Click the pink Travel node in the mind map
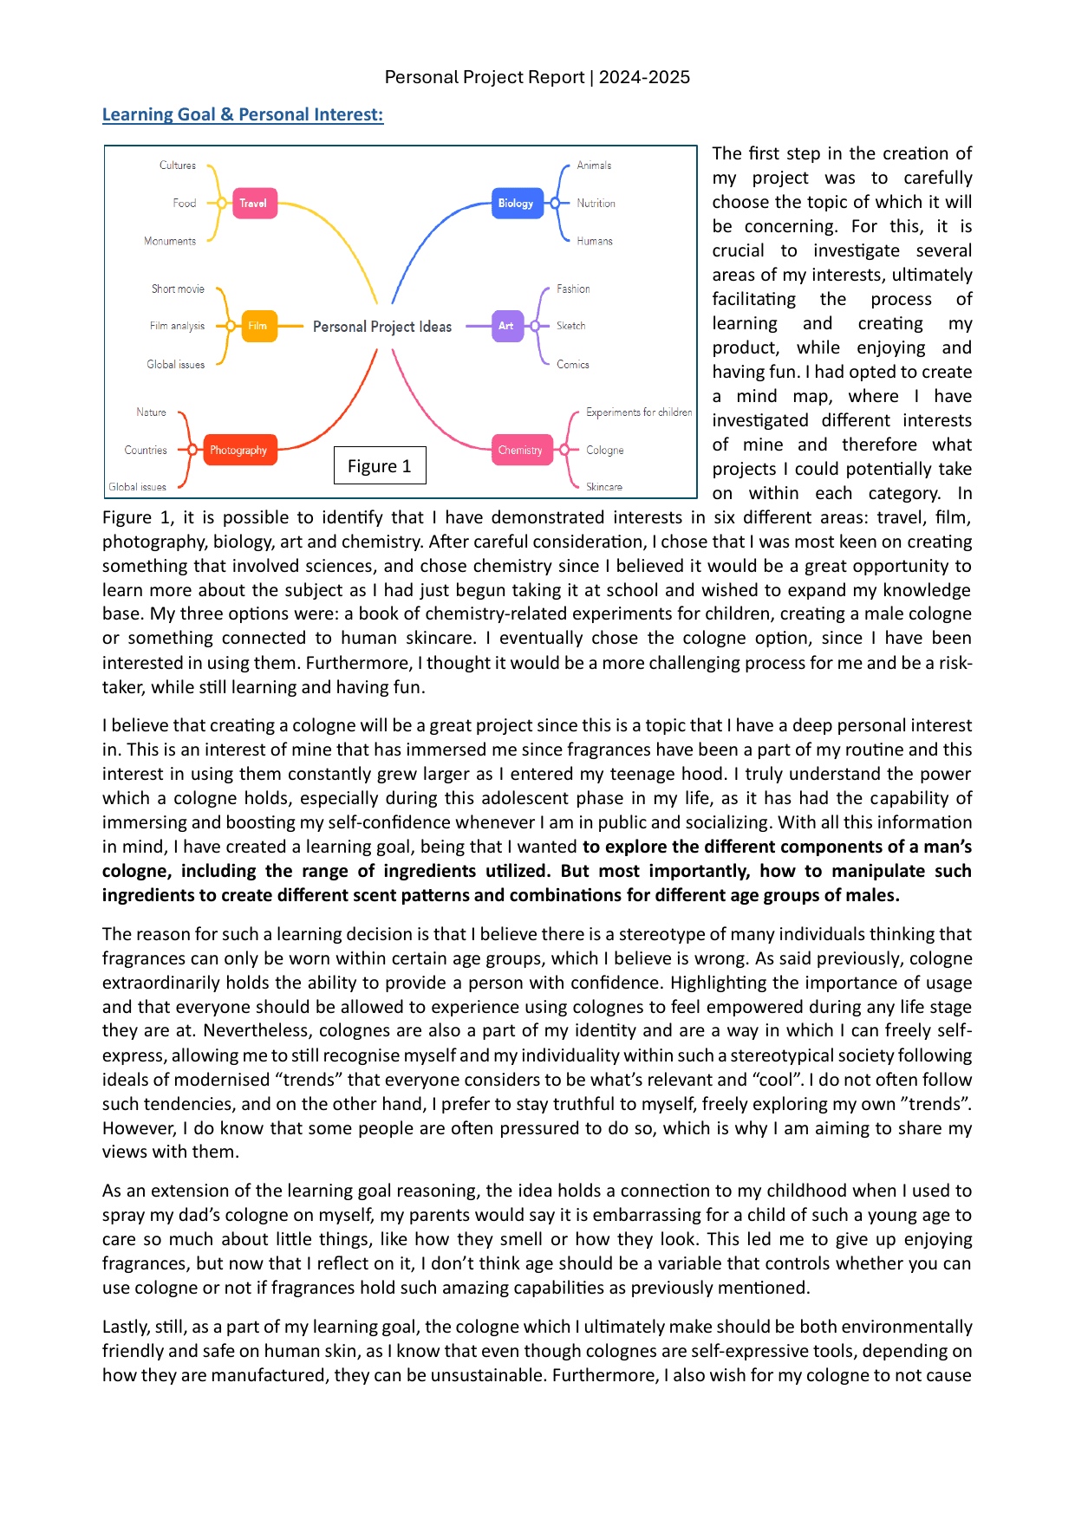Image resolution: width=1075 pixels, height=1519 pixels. [253, 204]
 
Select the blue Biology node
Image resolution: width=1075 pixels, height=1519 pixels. [516, 204]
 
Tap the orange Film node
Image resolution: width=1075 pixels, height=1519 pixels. [258, 326]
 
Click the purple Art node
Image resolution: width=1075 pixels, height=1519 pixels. [506, 326]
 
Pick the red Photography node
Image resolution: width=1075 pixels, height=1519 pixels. [239, 451]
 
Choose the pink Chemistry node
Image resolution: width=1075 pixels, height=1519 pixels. [520, 451]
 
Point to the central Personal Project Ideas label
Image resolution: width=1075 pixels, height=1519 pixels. [382, 327]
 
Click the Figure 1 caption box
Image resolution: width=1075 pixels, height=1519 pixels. [380, 466]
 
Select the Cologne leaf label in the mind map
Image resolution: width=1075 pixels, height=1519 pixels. [604, 451]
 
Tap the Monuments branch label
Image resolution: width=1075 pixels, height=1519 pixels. [170, 241]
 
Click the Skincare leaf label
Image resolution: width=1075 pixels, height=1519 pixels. [603, 487]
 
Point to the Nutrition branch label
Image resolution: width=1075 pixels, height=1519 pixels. [596, 204]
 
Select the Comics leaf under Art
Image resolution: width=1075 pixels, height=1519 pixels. [572, 365]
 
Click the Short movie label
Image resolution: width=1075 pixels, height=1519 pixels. [178, 289]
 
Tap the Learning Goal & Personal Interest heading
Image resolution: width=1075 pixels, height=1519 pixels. [243, 114]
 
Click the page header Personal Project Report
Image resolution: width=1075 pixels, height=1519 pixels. [537, 77]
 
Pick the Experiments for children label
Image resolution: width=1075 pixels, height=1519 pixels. [638, 412]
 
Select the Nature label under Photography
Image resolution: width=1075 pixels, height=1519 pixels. [151, 412]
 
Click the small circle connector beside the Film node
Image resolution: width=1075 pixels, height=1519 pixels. [231, 326]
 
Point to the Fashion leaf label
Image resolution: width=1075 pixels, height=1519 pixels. [573, 289]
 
